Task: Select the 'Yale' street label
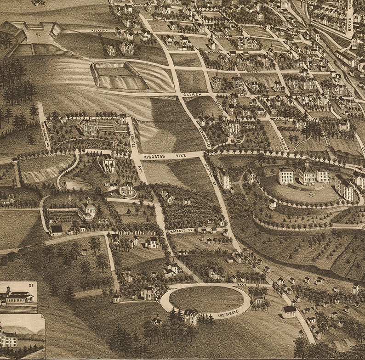243,284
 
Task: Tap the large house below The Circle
190,316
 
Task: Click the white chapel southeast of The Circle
289,311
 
